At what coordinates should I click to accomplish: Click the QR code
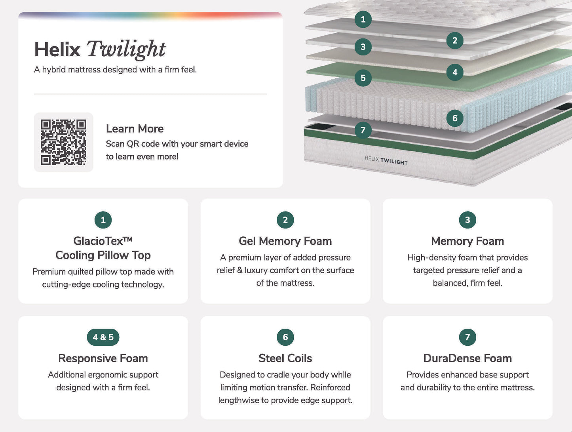(x=63, y=142)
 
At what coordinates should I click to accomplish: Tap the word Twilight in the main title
(x=126, y=50)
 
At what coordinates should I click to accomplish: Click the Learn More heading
(x=135, y=129)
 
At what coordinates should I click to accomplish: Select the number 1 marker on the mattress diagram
(x=363, y=19)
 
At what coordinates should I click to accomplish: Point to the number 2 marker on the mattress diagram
(x=455, y=40)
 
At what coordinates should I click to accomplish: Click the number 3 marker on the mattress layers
(x=363, y=47)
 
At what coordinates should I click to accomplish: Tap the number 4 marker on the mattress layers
(x=455, y=72)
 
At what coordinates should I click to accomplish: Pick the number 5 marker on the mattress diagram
(x=363, y=78)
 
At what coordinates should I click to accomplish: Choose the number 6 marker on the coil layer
(x=455, y=118)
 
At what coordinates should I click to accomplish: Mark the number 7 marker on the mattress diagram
(x=363, y=130)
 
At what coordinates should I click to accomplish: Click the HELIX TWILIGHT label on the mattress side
(x=386, y=160)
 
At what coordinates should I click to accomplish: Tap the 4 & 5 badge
(x=103, y=337)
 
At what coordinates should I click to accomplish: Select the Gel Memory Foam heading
(x=285, y=241)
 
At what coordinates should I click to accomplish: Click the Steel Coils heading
(x=285, y=358)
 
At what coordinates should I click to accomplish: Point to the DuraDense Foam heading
(x=467, y=358)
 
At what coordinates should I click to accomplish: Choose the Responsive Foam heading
(x=103, y=358)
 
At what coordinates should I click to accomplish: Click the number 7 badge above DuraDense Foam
(x=467, y=337)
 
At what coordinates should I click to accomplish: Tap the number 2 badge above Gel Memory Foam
(x=285, y=220)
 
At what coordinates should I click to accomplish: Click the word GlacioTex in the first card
(x=98, y=241)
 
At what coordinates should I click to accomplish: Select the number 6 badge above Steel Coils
(x=285, y=337)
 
